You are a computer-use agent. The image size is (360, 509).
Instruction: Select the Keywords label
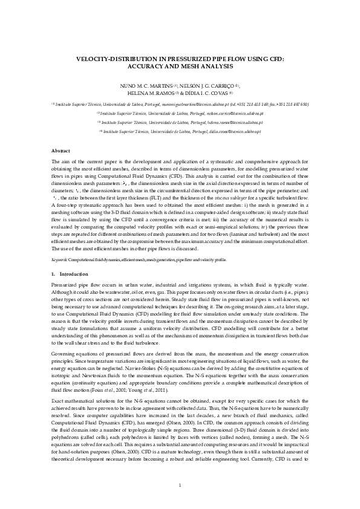click(x=60, y=259)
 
